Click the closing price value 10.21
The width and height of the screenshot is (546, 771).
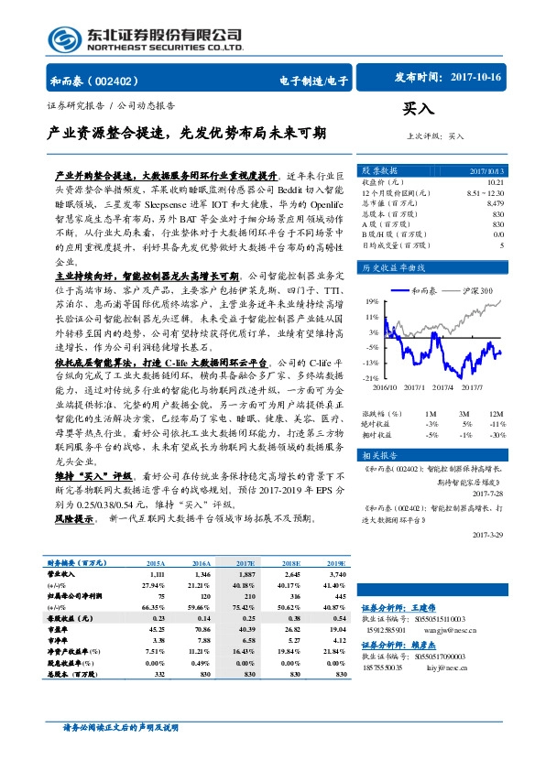point(494,182)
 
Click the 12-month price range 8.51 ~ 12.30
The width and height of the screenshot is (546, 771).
point(485,192)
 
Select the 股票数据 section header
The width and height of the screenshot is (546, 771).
point(378,171)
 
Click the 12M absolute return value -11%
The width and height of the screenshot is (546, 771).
point(495,398)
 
